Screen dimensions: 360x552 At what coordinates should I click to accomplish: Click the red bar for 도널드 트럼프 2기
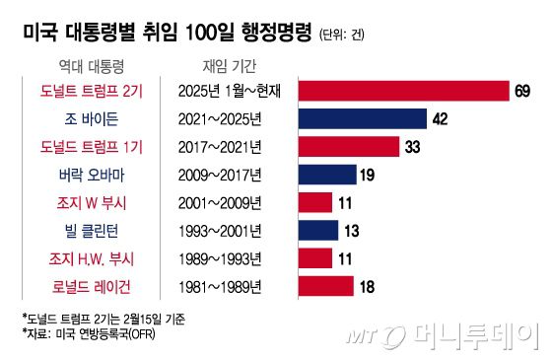pos(400,91)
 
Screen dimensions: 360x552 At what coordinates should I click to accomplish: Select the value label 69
pos(522,91)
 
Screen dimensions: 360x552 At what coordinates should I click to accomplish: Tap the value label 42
pos(443,119)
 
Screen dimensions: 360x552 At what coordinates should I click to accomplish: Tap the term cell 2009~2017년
pos(219,175)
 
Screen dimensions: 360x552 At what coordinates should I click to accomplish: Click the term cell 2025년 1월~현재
pos(230,91)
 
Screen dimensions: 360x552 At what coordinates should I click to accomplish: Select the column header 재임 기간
pos(219,64)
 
